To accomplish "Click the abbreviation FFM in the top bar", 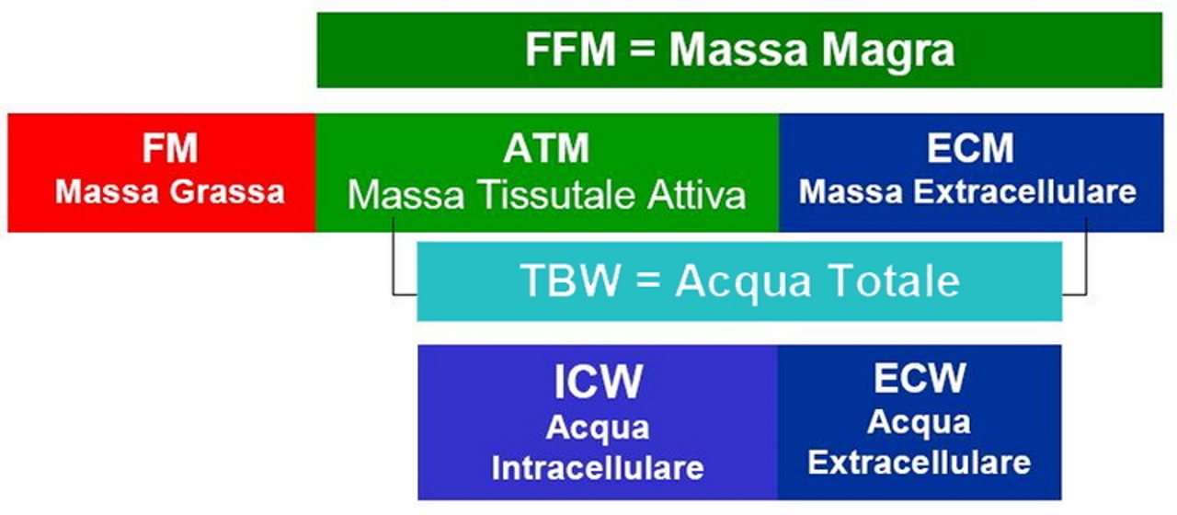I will coord(569,51).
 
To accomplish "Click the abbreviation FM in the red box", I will coord(170,149).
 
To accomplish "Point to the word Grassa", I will coord(229,192).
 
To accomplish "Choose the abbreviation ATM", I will coord(546,149).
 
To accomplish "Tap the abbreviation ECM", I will coord(970,149).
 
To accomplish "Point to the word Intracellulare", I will coord(598,467).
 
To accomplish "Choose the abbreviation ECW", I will coord(920,378).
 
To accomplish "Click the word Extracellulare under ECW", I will coord(920,462).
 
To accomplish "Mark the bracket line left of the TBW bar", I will coord(394,267).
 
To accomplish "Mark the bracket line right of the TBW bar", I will coord(1086,267).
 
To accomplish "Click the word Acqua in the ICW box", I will coord(598,428).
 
